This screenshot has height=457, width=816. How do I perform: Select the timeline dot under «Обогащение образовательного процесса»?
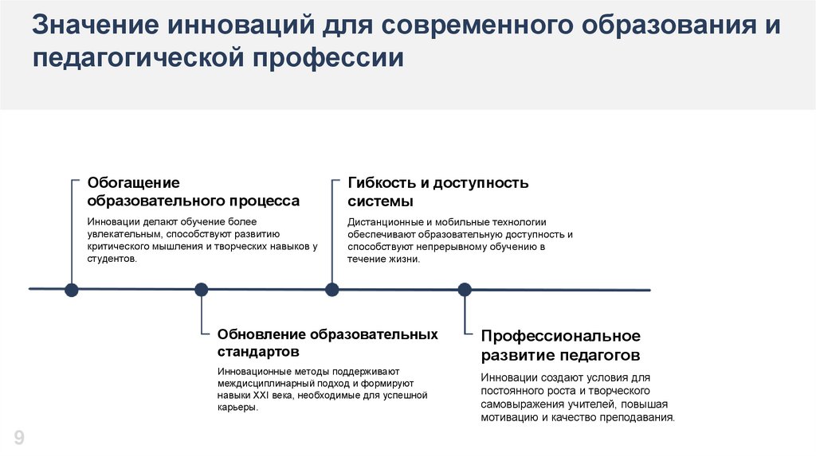coord(71,289)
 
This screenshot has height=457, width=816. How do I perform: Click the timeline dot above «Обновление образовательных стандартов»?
coord(201,289)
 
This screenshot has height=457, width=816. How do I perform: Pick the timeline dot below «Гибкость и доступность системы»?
coord(331,289)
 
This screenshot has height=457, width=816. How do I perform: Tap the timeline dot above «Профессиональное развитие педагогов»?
coord(464,289)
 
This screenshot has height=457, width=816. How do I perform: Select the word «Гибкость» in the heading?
coord(382,183)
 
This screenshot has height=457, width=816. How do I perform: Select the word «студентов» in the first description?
coord(112,259)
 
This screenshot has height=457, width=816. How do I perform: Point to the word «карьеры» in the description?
coord(237,407)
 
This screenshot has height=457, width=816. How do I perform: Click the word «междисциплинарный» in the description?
coord(259,383)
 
